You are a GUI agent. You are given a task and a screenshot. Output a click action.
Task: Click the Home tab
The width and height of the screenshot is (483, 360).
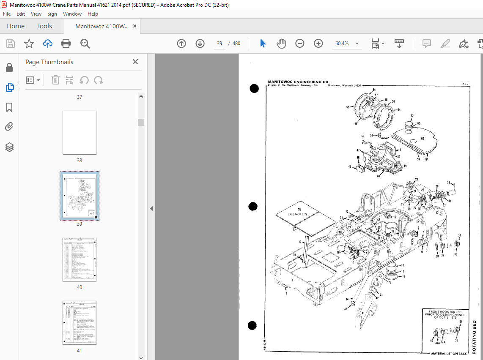[16, 26]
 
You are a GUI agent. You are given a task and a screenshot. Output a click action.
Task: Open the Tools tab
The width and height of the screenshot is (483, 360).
[44, 26]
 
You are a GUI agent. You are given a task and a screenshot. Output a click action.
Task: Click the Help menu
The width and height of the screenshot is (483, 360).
[93, 14]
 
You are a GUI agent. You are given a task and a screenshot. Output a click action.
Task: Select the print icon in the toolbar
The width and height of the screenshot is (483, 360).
[66, 44]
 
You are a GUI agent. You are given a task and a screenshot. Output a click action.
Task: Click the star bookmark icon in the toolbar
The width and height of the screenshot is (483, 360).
[29, 44]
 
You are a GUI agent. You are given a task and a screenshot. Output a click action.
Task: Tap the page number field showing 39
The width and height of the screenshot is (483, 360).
[220, 44]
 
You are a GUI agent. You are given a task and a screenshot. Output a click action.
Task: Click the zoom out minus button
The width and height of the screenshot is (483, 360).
[300, 44]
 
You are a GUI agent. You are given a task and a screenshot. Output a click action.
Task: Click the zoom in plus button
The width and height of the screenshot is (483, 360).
[318, 44]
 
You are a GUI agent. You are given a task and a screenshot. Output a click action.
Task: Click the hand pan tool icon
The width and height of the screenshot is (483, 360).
[281, 44]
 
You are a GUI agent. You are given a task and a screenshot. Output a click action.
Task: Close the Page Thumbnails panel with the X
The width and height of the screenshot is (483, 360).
[135, 62]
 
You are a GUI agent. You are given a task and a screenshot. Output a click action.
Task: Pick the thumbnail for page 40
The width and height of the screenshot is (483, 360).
[80, 259]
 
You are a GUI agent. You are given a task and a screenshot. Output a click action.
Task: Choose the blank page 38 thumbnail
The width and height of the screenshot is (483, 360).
[80, 132]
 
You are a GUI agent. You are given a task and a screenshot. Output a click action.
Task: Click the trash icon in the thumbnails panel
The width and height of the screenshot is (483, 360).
[55, 80]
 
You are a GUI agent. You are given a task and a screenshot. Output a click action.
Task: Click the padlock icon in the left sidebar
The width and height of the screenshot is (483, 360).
[9, 68]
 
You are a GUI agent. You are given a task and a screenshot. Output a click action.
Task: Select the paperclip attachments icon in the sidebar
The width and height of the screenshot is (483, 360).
[9, 126]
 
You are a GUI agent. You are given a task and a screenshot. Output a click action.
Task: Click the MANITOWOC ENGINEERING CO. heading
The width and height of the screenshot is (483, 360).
[298, 82]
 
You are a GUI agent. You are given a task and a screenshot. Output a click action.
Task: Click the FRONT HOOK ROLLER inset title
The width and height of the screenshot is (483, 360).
[447, 312]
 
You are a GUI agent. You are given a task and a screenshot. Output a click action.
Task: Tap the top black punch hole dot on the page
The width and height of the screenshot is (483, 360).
[254, 88]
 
